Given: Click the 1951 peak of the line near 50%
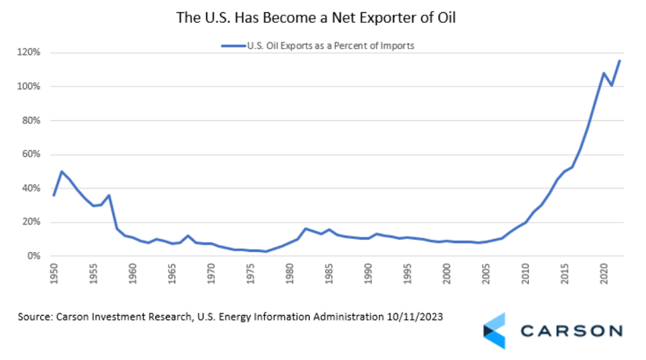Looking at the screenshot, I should pyautogui.click(x=62, y=171).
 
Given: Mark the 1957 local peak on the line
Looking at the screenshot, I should pyautogui.click(x=109, y=195).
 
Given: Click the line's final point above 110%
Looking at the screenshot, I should pyautogui.click(x=619, y=60).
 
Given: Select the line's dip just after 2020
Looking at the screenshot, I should pyautogui.click(x=612, y=86).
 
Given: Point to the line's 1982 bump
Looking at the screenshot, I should pyautogui.click(x=306, y=229).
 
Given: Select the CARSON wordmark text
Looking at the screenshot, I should pyautogui.click(x=571, y=330).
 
